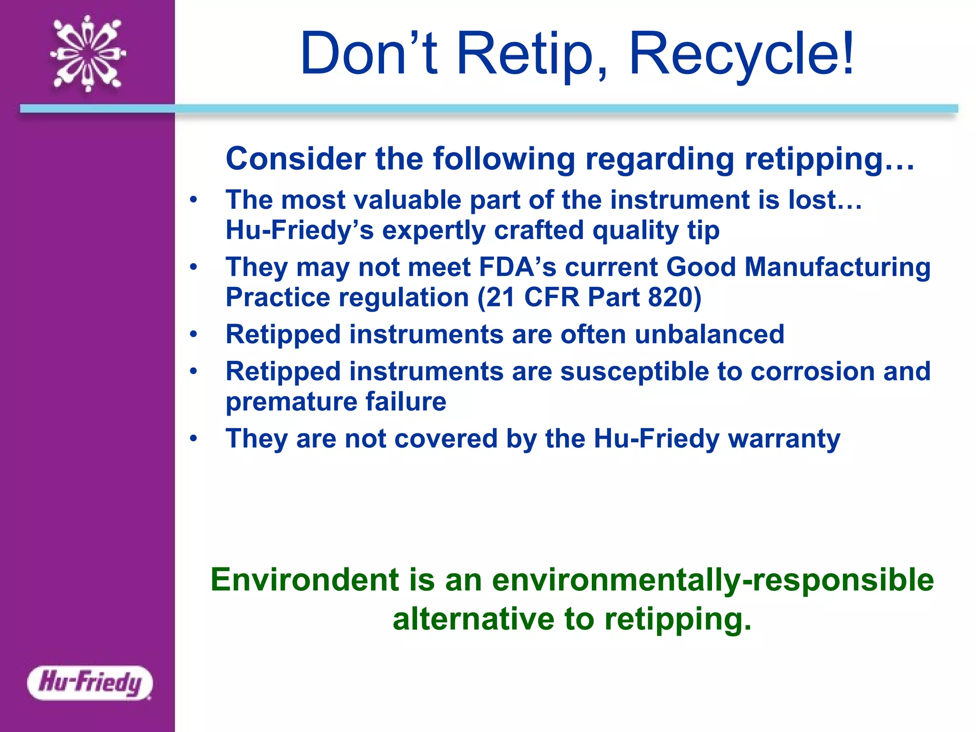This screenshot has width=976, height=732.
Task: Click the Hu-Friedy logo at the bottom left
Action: (x=90, y=682)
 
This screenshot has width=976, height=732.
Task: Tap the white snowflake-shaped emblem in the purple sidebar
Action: (x=88, y=53)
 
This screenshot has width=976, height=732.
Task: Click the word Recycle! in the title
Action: (x=742, y=53)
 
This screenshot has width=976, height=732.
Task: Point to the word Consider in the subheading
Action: (x=295, y=159)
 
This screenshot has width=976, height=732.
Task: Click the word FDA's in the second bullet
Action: (x=518, y=267)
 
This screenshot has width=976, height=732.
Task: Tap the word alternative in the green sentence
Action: (x=473, y=619)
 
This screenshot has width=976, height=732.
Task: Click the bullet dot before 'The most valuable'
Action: (x=193, y=200)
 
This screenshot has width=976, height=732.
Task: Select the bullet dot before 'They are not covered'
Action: (x=193, y=438)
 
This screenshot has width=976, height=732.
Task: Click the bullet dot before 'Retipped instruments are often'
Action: (x=193, y=334)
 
